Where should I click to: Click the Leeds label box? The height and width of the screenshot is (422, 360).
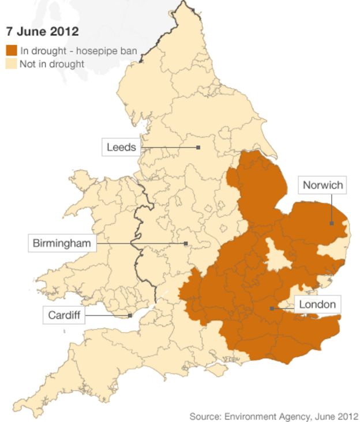(121, 147)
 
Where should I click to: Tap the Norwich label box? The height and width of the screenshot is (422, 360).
(322, 185)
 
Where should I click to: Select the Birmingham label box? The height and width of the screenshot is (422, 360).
(62, 243)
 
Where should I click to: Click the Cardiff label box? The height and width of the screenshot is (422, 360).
(64, 315)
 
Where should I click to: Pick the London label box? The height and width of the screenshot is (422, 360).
(317, 304)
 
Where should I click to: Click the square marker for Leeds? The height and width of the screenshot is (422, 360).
(198, 148)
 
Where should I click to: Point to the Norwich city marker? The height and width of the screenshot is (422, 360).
(332, 223)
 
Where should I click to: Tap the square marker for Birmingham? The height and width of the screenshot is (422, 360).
(186, 244)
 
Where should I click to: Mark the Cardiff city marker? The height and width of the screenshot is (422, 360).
(130, 315)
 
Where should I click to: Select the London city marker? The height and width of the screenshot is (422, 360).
(271, 308)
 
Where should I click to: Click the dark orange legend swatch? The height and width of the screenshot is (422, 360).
(11, 51)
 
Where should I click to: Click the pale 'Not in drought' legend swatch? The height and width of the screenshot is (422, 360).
(11, 63)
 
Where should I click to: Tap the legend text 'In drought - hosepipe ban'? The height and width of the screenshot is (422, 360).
(78, 51)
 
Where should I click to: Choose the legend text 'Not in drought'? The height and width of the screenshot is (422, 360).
(52, 63)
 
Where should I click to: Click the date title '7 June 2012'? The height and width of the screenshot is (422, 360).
(42, 31)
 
